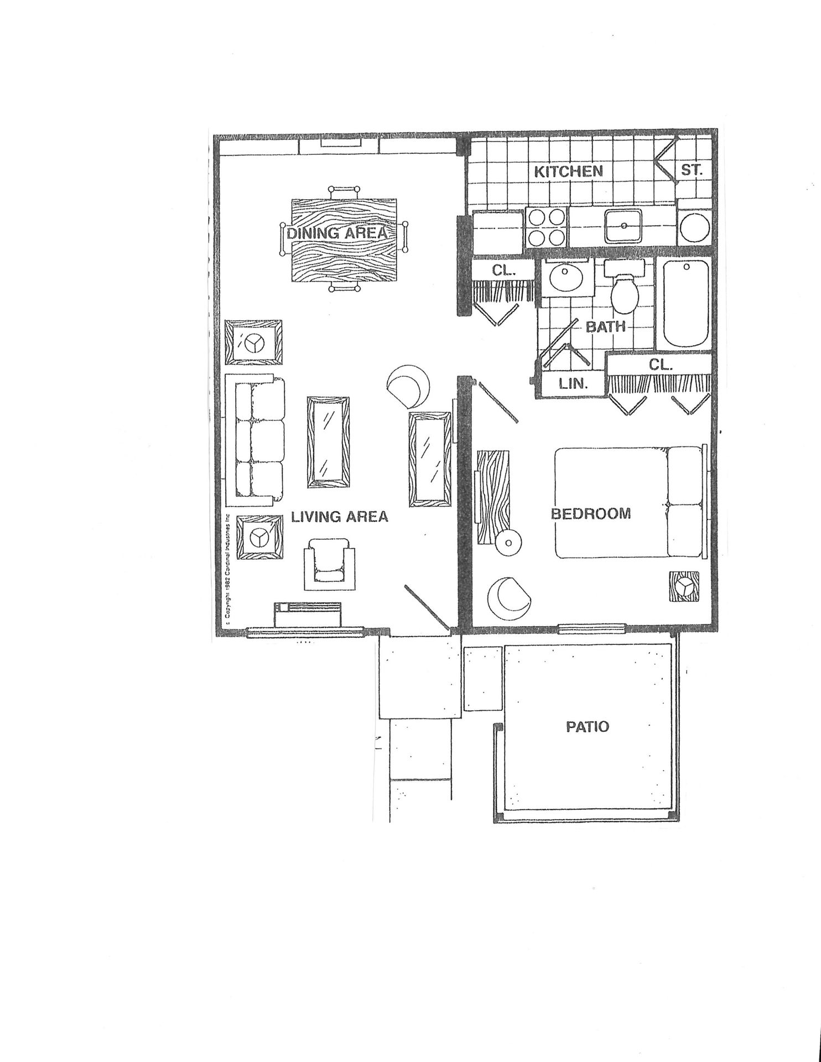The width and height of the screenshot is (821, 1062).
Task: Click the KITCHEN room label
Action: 568,171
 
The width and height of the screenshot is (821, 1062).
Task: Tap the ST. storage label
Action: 692,171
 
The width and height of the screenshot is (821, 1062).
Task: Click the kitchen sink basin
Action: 623,226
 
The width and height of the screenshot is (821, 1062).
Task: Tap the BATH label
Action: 605,327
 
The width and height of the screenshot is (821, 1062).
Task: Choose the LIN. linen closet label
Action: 573,383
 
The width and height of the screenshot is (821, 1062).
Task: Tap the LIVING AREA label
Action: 340,517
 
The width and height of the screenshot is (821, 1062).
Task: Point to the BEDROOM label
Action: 590,513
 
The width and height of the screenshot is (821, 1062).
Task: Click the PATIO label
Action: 587,726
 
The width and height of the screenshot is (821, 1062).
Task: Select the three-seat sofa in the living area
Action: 256,440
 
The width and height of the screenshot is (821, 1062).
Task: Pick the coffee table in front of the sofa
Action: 328,442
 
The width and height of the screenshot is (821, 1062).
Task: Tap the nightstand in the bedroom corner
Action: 684,586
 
